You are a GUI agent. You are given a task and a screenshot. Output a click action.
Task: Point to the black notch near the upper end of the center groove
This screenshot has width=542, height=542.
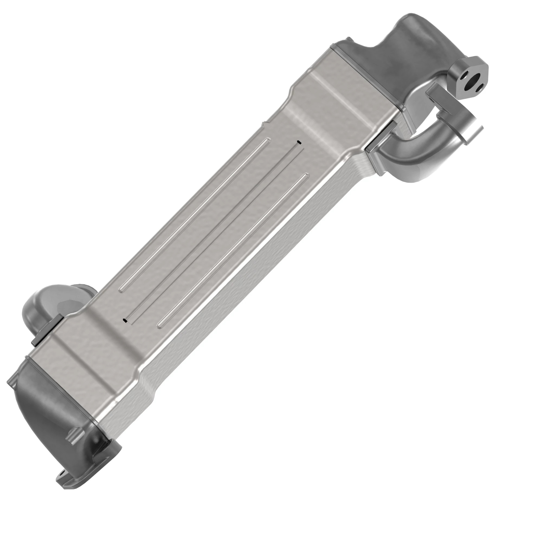(x=299, y=143)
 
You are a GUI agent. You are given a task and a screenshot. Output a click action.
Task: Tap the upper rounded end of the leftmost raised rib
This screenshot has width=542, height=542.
(x=269, y=139)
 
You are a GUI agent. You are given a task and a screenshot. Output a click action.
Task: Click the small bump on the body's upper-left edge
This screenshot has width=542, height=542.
(x=264, y=123)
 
